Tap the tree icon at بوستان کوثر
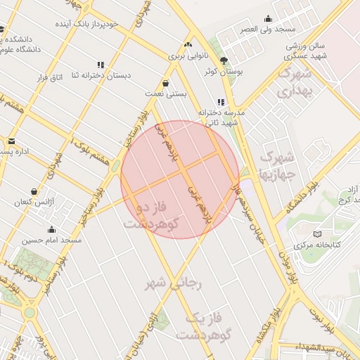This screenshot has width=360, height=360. (x=224, y=60)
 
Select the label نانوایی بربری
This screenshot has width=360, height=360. (x=186, y=55)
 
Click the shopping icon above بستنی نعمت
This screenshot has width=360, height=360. (x=165, y=82)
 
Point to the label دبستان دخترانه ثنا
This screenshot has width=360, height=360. (x=131, y=76)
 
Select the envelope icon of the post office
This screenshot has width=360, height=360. (x=11, y=142)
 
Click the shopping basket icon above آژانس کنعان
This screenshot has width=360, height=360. (x=34, y=191)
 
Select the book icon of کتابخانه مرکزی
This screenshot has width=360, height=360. (x=316, y=233)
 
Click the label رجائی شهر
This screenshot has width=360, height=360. (x=173, y=283)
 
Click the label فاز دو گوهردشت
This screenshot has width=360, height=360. (x=150, y=215)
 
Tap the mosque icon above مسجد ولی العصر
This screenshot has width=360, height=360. (x=267, y=19)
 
